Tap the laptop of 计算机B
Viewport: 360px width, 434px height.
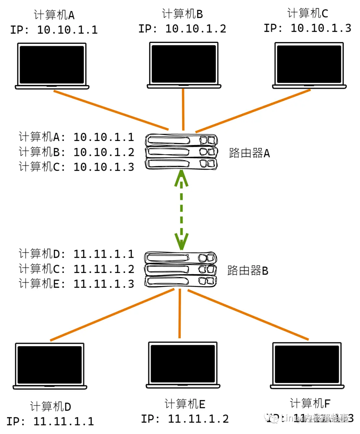(x=184, y=65)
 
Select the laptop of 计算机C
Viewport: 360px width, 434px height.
(x=309, y=65)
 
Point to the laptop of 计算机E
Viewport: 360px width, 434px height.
(x=183, y=365)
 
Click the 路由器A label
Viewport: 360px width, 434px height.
(x=249, y=153)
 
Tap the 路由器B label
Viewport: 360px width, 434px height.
(x=248, y=270)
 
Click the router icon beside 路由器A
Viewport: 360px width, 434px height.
(x=181, y=152)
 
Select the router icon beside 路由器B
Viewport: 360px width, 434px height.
(x=181, y=269)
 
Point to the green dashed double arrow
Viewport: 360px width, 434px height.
(x=181, y=210)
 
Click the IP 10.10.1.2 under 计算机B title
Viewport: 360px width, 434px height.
(x=182, y=29)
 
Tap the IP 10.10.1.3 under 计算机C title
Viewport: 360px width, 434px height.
(x=307, y=28)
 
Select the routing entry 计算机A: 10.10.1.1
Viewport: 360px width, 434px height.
(x=76, y=137)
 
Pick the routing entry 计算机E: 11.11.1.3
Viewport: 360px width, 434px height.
(x=76, y=284)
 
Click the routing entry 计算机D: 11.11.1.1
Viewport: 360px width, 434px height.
(x=76, y=254)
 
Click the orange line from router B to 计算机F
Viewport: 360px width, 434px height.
(x=248, y=315)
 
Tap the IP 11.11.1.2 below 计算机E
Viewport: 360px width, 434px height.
(x=185, y=419)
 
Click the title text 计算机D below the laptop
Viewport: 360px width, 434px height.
(x=50, y=406)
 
